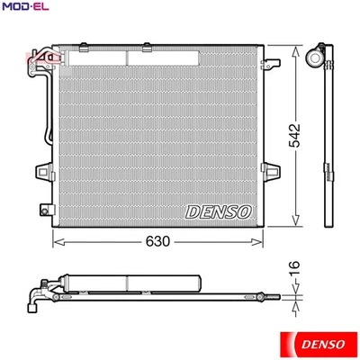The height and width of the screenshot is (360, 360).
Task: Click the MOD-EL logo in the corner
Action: coord(25,9)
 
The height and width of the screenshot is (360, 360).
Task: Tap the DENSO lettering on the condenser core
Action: coord(220,211)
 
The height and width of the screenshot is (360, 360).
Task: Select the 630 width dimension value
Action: coord(158,242)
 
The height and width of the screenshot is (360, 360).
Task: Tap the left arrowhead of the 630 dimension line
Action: coord(57,241)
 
